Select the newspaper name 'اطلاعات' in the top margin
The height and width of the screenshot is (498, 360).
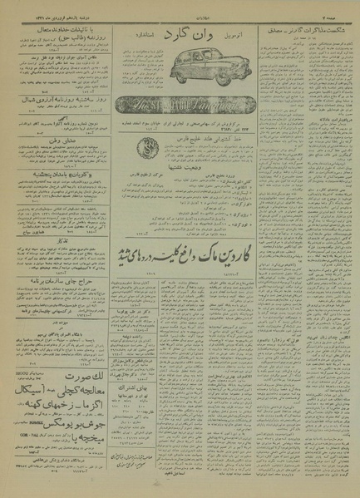(x=180, y=16)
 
